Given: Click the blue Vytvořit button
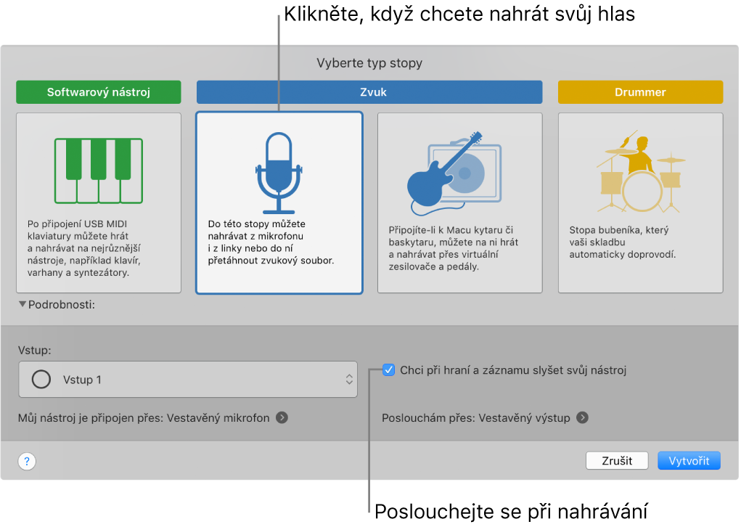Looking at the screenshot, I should coord(689,461).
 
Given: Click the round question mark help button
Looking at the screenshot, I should coord(27,462).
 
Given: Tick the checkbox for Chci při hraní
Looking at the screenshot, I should coord(388,370).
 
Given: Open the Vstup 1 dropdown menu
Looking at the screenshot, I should coord(188,380).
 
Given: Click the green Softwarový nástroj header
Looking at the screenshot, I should coord(98,92).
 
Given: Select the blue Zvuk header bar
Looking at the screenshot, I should coord(369,92).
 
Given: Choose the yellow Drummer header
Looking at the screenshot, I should coord(640,92).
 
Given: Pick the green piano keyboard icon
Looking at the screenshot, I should coord(98,171).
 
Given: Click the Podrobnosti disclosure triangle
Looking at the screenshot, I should coord(22,305).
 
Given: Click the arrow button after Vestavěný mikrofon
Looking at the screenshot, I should coord(282,418).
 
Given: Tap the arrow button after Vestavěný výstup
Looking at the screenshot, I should coord(582,418).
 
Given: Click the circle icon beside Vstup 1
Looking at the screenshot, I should coord(42,380).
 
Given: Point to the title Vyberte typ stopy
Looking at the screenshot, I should coord(369,63).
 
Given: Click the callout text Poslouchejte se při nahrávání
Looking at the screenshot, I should coord(510,511).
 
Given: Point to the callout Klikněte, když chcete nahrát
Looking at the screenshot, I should coord(459,14).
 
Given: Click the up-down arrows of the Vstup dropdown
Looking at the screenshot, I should coord(349,380).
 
